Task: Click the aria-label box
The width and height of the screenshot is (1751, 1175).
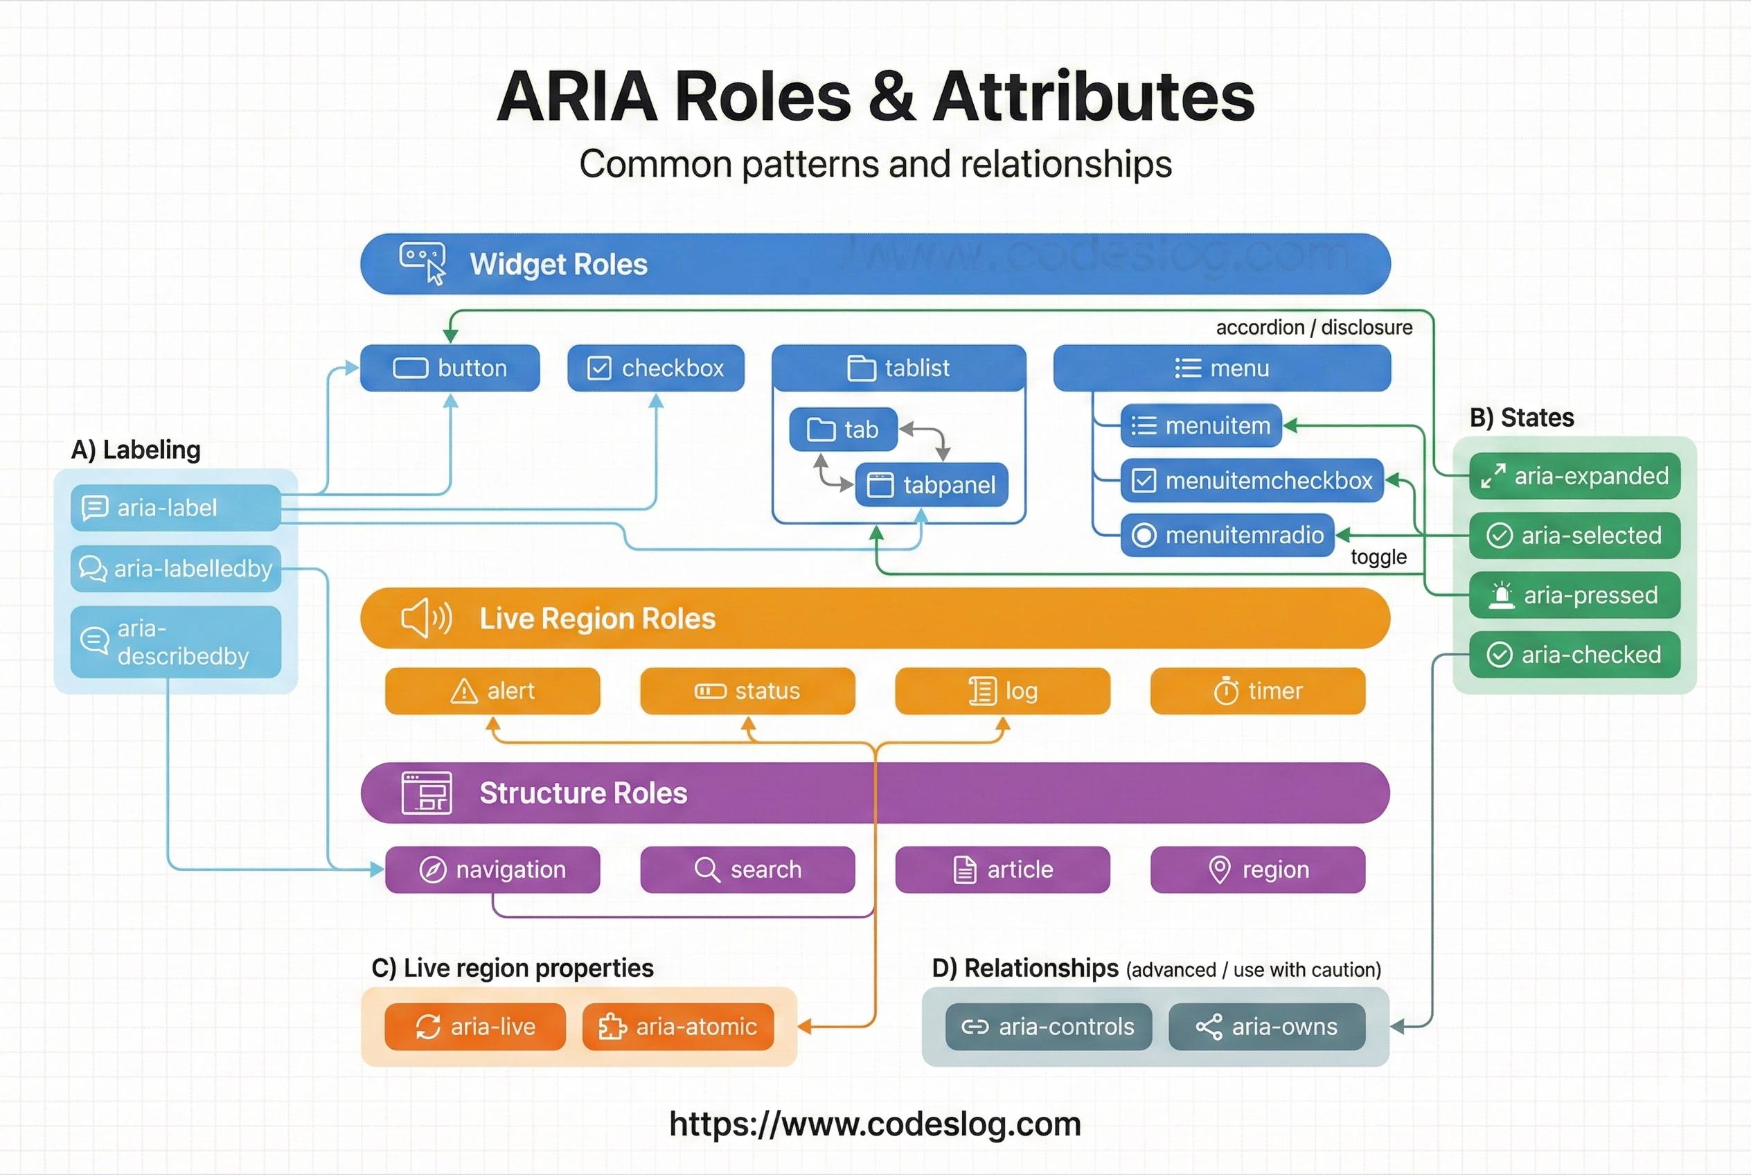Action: (175, 508)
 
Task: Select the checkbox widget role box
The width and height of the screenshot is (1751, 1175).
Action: (656, 368)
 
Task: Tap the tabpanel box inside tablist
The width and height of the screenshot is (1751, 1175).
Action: (932, 485)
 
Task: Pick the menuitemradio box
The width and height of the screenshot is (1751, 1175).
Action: (1227, 535)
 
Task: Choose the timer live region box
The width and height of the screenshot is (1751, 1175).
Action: (1257, 691)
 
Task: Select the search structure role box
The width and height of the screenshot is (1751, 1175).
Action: (747, 869)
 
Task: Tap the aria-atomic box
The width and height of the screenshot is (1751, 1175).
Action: (677, 1027)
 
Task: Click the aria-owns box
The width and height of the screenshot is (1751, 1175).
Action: (1266, 1027)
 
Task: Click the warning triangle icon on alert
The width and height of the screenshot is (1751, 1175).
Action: (464, 691)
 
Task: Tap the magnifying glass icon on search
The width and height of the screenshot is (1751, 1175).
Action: (706, 869)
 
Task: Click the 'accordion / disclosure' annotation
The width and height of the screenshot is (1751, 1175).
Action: (1313, 328)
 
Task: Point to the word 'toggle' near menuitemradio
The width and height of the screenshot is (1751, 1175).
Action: (1378, 557)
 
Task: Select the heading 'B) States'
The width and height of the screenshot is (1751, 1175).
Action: (1521, 417)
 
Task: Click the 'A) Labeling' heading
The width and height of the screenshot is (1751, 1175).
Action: (136, 450)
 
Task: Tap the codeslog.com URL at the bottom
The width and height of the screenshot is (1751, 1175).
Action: (874, 1123)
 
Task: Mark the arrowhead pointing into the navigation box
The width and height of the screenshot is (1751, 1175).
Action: (377, 869)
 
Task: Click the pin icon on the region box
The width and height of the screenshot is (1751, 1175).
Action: (1219, 869)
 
